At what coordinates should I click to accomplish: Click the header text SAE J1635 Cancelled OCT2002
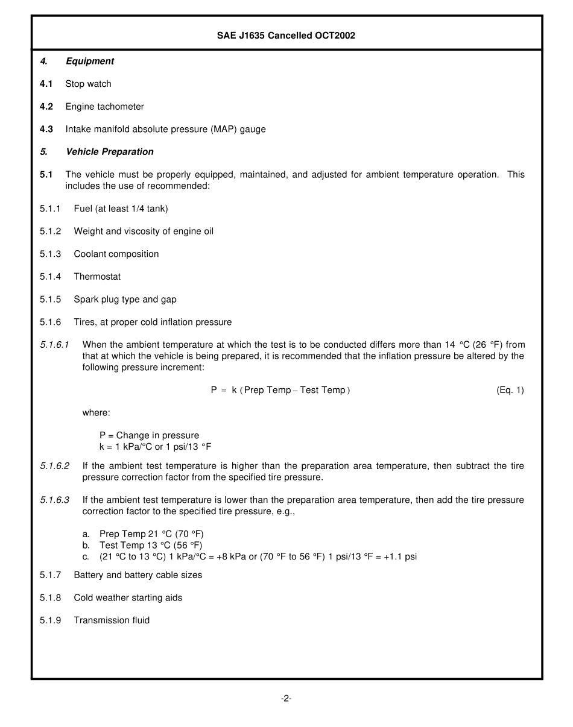[286, 36]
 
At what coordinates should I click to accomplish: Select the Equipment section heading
[89, 61]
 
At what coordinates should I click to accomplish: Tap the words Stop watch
[88, 84]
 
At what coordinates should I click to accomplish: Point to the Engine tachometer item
[104, 107]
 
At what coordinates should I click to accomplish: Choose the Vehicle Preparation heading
[109, 152]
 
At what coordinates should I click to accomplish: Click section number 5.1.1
[51, 209]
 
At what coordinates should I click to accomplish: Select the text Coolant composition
[116, 254]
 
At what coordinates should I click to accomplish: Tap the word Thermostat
[97, 277]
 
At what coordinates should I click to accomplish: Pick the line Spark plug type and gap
[125, 300]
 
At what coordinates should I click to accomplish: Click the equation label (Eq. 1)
[510, 390]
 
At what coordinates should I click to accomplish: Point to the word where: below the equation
[96, 413]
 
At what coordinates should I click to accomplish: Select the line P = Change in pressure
[149, 435]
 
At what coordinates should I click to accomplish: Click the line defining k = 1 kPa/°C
[155, 447]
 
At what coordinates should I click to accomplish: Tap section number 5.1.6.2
[55, 466]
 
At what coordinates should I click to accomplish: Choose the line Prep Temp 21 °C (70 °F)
[151, 534]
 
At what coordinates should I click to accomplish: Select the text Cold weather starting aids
[128, 598]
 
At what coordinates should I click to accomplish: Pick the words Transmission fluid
[112, 620]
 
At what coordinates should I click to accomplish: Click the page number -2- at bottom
[286, 699]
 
